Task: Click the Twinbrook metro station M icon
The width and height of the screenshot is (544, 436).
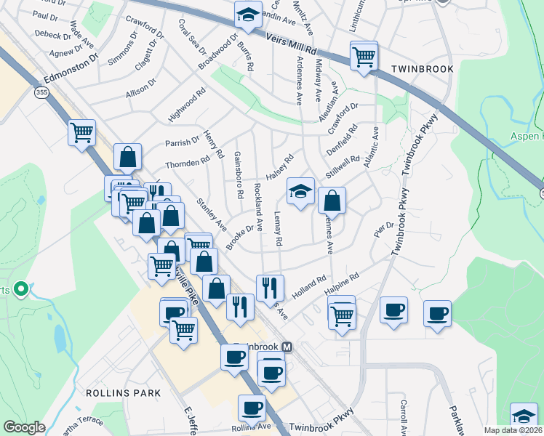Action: pos(287,347)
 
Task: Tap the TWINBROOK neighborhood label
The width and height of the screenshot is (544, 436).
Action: pos(423,69)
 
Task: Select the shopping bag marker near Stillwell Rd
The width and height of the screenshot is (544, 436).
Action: pos(332,199)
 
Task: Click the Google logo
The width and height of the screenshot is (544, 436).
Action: pos(24,427)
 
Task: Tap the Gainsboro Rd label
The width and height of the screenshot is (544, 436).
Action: pos(238,176)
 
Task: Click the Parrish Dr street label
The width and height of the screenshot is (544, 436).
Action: pos(182,142)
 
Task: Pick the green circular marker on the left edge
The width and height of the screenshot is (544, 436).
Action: pos(20,290)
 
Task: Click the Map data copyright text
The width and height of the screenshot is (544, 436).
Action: pos(513,430)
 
